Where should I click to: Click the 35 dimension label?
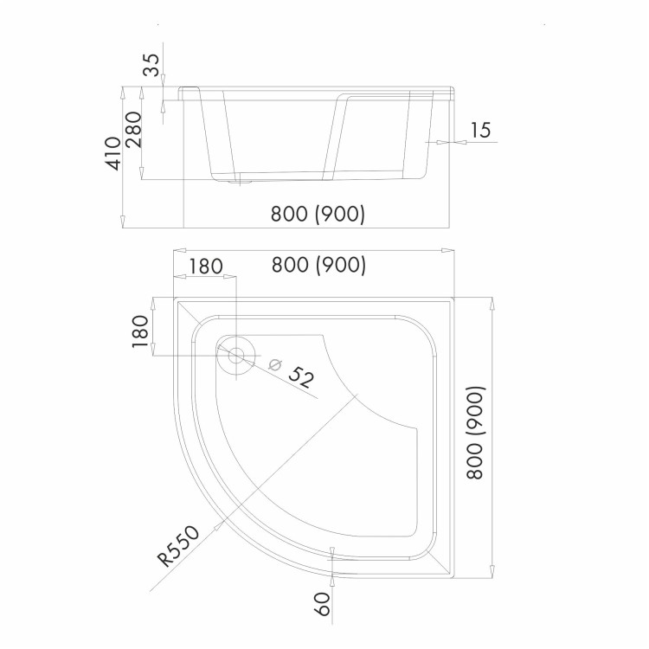tap(151, 65)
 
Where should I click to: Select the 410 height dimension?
tap(113, 153)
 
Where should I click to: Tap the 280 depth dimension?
tap(133, 130)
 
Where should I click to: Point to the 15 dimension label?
tap(480, 130)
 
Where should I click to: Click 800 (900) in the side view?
tap(318, 214)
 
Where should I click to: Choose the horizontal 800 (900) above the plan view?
tap(318, 265)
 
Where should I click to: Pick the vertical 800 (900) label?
tap(475, 433)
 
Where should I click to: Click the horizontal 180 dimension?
tap(206, 267)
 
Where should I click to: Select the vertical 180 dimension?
tap(140, 331)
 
